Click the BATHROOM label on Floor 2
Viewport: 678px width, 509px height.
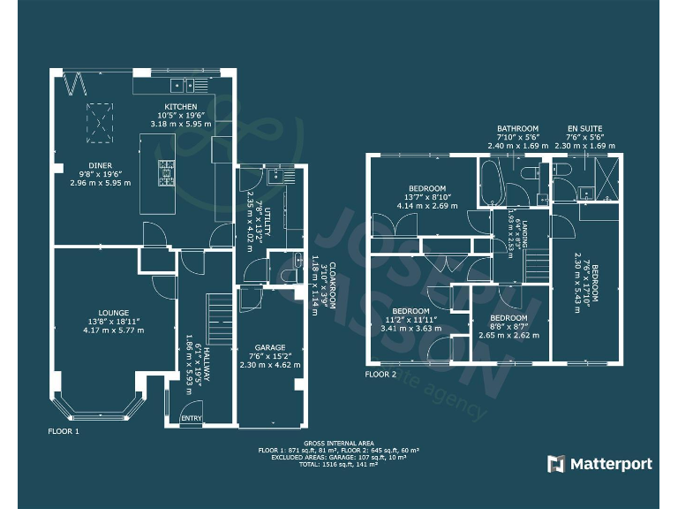coord(517,128)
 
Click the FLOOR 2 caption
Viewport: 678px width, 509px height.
coord(382,374)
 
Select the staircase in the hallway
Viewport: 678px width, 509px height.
coord(217,313)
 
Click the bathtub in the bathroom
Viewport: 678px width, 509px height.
coord(491,181)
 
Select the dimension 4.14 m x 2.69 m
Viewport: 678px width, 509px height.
coord(427,205)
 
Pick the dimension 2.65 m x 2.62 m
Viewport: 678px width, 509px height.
coord(508,335)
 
